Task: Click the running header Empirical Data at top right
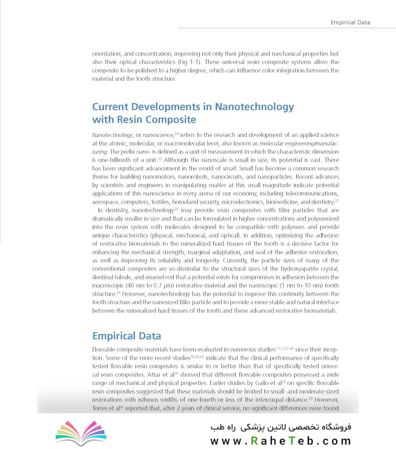[x=350, y=22]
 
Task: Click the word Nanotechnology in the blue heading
[x=254, y=107]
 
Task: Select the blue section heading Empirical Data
[x=126, y=336]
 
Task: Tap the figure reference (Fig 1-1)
[x=187, y=62]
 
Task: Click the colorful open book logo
[x=81, y=433]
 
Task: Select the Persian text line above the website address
[x=281, y=428]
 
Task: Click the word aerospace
[x=105, y=202]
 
